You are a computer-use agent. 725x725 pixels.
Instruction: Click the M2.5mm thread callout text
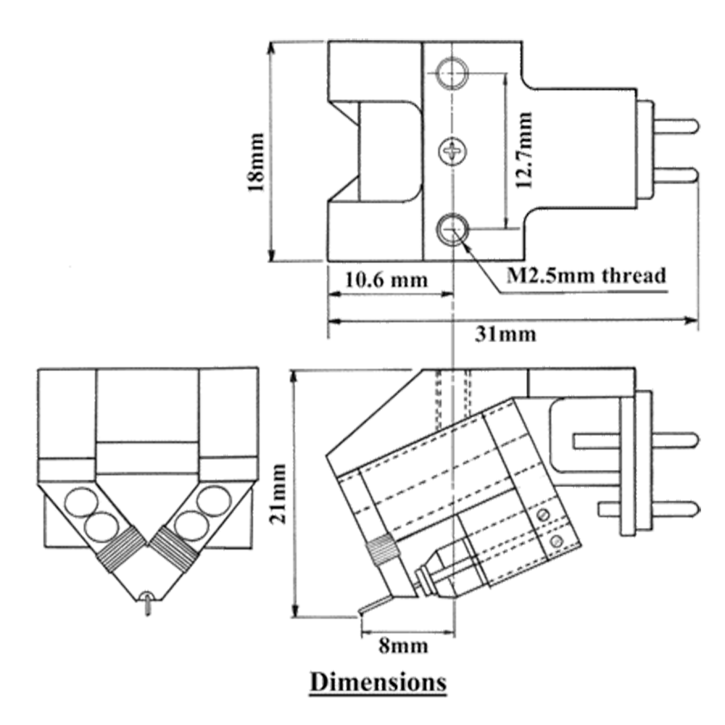[584, 275]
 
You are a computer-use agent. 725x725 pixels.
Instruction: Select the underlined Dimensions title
[378, 681]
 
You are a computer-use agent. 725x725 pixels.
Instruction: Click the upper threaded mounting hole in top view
[452, 71]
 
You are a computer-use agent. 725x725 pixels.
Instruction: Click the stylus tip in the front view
[148, 605]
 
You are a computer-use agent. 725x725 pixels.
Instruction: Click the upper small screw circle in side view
[543, 514]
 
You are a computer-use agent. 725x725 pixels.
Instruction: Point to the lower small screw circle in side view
[557, 542]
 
